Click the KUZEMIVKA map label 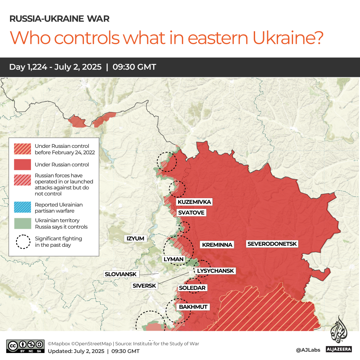[x=194, y=202]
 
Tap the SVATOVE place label [x=191, y=213]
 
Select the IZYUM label [x=136, y=238]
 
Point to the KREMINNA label [x=217, y=245]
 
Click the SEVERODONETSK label [x=272, y=244]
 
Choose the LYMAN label [x=173, y=259]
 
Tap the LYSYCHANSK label [x=215, y=271]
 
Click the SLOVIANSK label [x=121, y=274]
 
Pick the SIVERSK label [x=144, y=285]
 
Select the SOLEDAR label [x=192, y=288]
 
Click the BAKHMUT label [x=193, y=307]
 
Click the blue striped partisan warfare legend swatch [x=22, y=208]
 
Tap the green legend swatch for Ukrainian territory [x=22, y=223]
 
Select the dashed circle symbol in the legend [x=22, y=242]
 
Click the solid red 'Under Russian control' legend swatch [x=22, y=165]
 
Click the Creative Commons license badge [x=25, y=346]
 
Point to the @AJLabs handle [x=308, y=350]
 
